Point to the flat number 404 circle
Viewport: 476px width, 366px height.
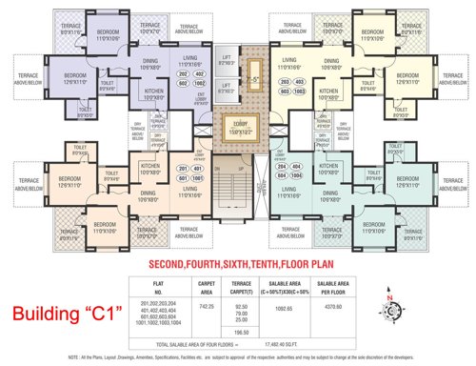[284, 168]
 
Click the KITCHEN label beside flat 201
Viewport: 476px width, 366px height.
[150, 168]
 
